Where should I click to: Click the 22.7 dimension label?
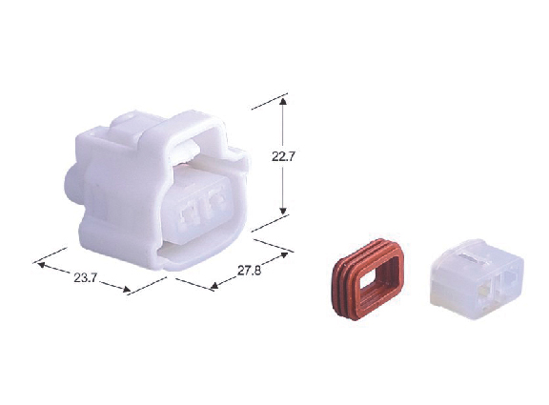click(x=284, y=156)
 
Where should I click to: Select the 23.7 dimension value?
click(x=85, y=278)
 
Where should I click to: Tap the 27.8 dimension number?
click(x=249, y=271)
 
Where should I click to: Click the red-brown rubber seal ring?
click(x=368, y=279)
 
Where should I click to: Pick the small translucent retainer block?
click(x=477, y=278)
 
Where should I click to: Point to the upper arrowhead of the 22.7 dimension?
click(x=283, y=102)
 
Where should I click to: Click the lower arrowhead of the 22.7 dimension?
click(x=283, y=211)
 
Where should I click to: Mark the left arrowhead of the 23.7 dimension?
click(x=41, y=265)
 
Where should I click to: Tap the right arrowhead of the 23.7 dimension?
click(x=127, y=289)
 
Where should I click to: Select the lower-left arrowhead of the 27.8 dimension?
click(x=214, y=286)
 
